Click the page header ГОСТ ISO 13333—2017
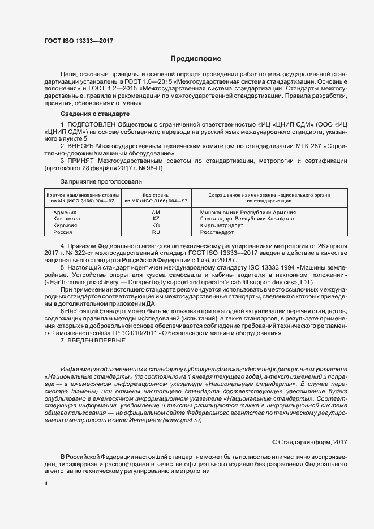point(78,41)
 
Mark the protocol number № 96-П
point(136,168)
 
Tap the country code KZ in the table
point(156,219)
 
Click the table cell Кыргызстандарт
point(222,226)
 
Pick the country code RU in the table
point(156,232)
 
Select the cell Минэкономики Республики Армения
point(248,212)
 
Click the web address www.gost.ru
point(181,420)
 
